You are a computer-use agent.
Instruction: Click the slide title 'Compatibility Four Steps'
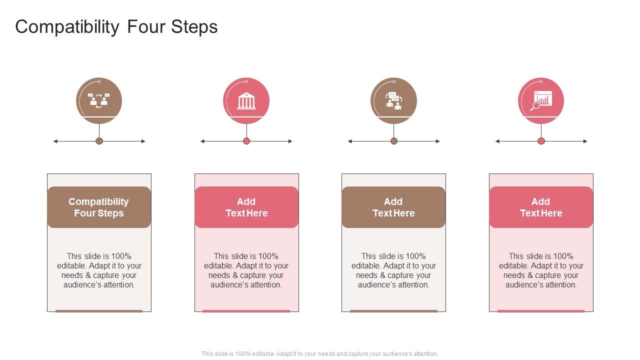pos(116,27)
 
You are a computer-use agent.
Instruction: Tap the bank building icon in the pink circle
pos(246,100)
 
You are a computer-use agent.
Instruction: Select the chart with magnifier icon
pos(541,100)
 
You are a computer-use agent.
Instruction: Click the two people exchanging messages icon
pos(99,100)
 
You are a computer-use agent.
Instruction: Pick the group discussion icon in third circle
pos(393,100)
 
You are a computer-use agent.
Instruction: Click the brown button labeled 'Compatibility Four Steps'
pos(99,207)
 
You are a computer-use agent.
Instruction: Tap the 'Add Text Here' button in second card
pos(246,207)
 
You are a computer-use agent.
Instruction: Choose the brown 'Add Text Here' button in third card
pos(393,207)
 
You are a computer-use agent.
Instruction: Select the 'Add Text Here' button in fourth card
pos(541,207)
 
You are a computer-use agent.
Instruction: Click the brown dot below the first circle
pos(99,141)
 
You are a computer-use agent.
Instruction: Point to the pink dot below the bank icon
pos(246,141)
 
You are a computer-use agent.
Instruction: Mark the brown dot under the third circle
pos(394,141)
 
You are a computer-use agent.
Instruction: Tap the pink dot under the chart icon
pos(541,141)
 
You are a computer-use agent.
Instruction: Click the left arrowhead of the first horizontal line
pos(55,141)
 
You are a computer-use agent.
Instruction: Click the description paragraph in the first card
pos(99,270)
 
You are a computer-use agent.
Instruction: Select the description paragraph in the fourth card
pos(541,270)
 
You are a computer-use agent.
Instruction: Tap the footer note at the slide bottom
pos(320,354)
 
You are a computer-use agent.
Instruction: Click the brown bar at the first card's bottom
pos(99,311)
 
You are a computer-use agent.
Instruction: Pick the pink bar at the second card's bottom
pos(246,311)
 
